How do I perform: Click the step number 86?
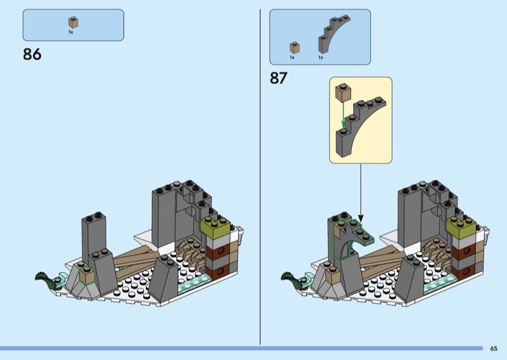point(32,54)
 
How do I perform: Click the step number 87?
point(279,78)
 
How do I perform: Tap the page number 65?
point(494,349)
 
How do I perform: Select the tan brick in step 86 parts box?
point(74,22)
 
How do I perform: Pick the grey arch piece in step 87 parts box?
point(333,34)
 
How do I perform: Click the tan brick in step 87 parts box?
point(295,48)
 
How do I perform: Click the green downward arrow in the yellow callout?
point(343,115)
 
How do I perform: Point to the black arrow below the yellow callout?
point(361,193)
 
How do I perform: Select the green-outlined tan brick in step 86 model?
point(87,275)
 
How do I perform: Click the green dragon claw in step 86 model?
point(44,280)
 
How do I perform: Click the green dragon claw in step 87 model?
point(290,280)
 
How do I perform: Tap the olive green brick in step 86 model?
point(215,228)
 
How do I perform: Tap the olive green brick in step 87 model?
point(461,228)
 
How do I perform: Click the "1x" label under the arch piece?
point(321,58)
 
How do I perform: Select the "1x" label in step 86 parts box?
point(70,32)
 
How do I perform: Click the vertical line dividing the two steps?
point(260,177)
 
